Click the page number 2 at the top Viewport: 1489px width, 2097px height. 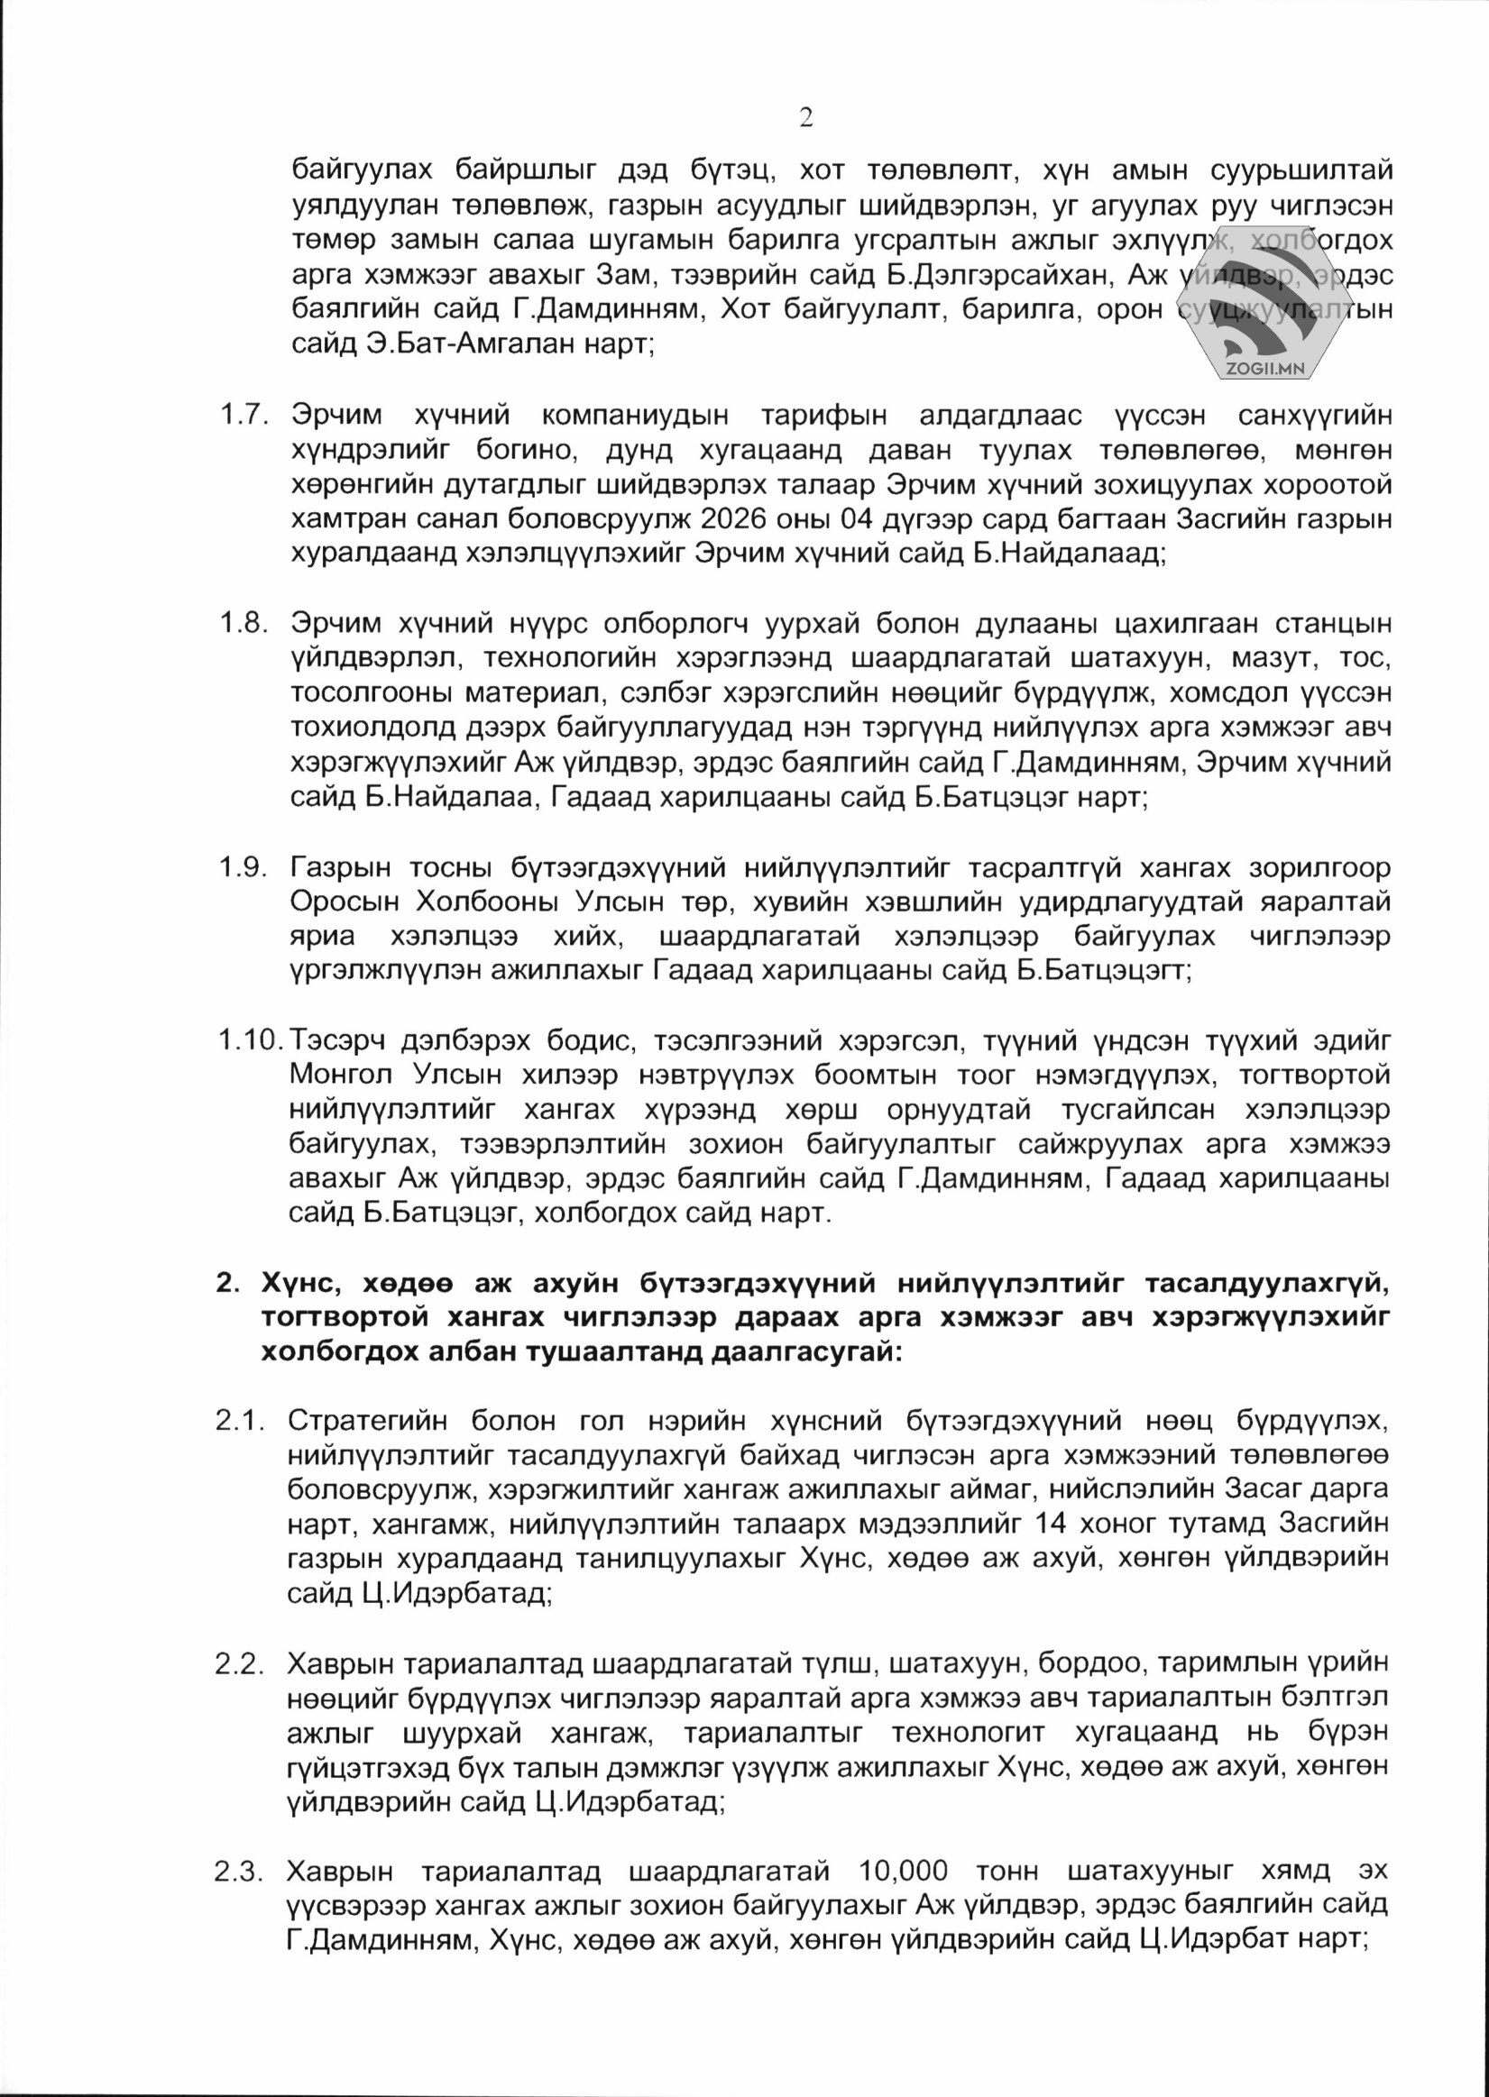pyautogui.click(x=806, y=117)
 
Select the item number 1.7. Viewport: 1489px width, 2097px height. pyautogui.click(x=243, y=417)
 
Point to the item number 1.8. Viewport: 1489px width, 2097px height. pyautogui.click(x=243, y=624)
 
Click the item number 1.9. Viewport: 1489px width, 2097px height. pyautogui.click(x=243, y=867)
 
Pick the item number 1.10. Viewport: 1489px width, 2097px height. pyautogui.click(x=250, y=1040)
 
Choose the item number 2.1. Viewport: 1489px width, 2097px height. pyautogui.click(x=240, y=1422)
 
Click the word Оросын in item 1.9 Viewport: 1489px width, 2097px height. pyautogui.click(x=345, y=902)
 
